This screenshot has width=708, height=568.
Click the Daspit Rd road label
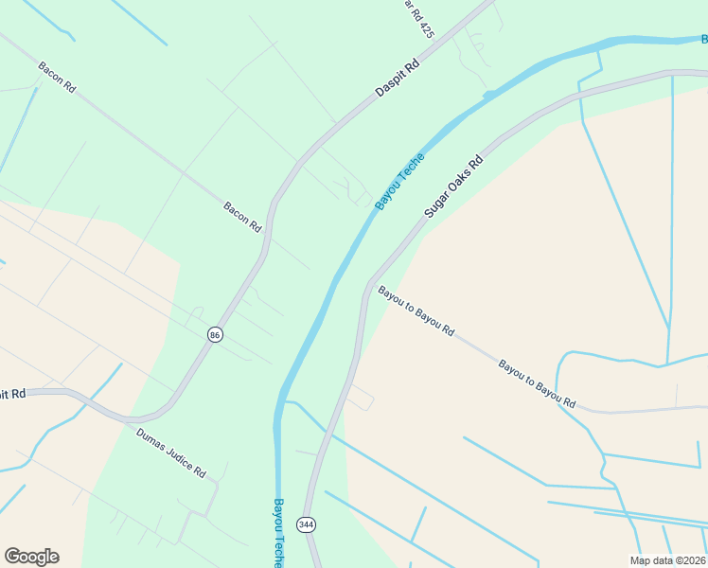tap(398, 79)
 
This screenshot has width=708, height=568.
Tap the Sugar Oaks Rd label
tap(453, 187)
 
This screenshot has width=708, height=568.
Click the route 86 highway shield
tap(216, 335)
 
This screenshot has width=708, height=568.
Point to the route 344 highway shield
tap(306, 524)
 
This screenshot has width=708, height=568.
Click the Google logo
tap(31, 557)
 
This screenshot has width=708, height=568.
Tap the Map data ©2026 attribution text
tap(667, 560)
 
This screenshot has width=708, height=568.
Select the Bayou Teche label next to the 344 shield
tap(278, 532)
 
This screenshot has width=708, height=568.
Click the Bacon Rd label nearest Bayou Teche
tap(242, 218)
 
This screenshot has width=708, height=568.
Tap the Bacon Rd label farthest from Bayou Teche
tap(57, 77)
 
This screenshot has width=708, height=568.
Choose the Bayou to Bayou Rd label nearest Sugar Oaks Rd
tap(416, 311)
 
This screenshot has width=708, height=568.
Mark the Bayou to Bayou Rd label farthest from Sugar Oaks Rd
tap(537, 383)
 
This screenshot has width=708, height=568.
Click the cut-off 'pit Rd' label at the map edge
tap(13, 392)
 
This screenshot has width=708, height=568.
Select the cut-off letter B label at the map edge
tap(703, 39)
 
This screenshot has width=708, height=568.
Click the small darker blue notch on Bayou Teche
tap(488, 95)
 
